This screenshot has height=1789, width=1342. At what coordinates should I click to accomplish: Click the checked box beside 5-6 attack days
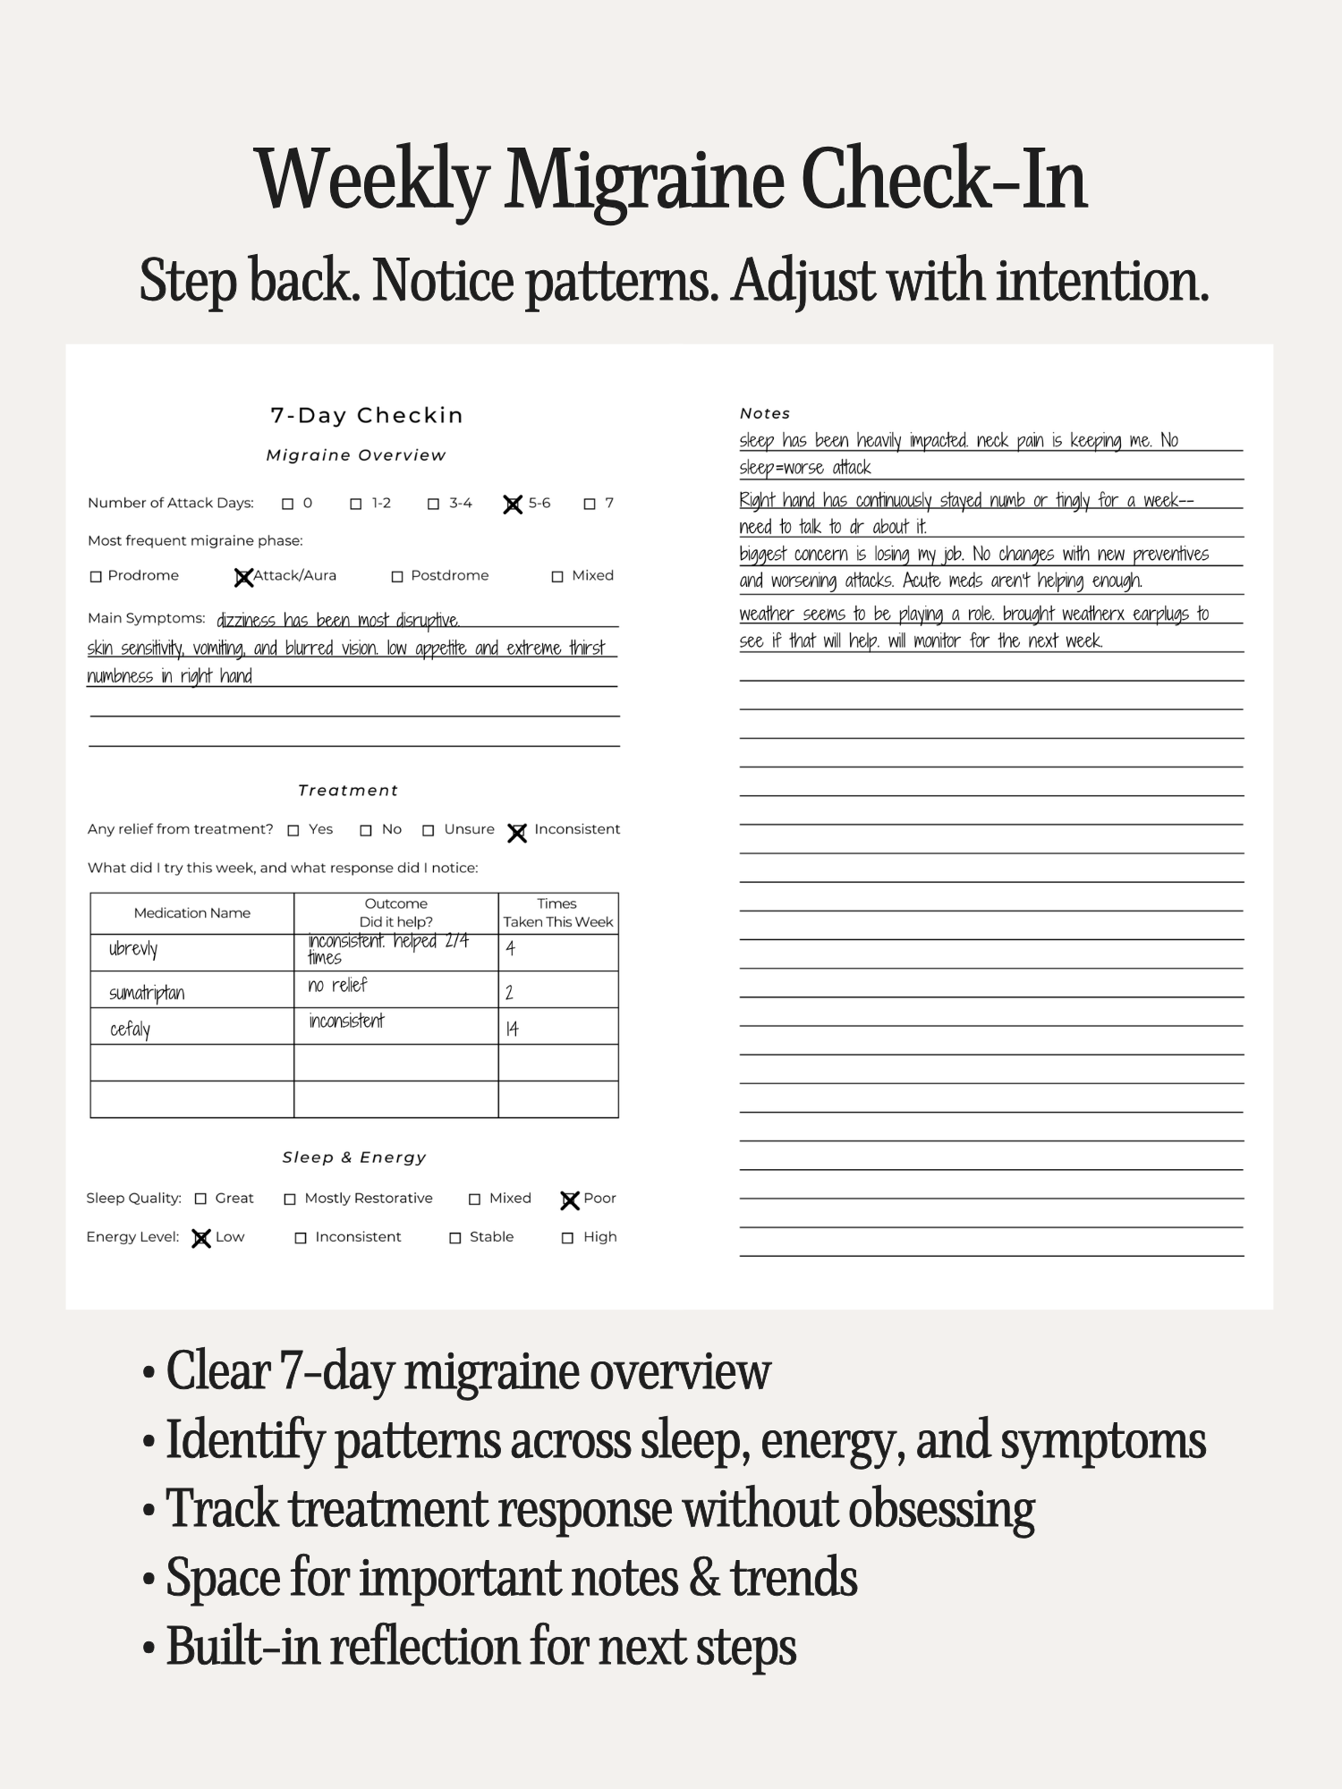[x=513, y=504]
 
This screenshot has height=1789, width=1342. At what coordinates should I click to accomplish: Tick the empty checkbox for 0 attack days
[x=288, y=504]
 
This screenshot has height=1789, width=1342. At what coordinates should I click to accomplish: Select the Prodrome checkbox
[x=96, y=577]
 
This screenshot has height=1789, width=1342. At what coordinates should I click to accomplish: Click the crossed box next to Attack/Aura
[x=242, y=578]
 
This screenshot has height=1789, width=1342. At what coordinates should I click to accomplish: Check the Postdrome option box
[x=397, y=577]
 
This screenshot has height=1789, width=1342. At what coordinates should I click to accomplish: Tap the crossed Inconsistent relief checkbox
[x=517, y=833]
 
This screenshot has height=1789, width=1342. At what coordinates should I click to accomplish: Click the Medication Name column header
[x=191, y=913]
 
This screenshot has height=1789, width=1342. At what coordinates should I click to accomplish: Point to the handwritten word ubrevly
[x=133, y=949]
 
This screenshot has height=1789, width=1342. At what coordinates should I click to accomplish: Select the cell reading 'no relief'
[x=337, y=986]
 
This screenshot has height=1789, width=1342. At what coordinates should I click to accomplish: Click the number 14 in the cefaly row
[x=512, y=1029]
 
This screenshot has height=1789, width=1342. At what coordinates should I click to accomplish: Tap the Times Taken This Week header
[x=557, y=913]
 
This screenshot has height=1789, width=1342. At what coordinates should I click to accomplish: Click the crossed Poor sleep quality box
[x=570, y=1200]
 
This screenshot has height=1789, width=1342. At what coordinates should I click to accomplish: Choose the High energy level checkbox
[x=567, y=1238]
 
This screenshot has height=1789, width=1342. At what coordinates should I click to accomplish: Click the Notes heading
[x=765, y=413]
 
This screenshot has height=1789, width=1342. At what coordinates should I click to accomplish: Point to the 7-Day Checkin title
[x=367, y=415]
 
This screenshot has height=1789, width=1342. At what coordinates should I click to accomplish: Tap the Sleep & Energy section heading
[x=354, y=1157]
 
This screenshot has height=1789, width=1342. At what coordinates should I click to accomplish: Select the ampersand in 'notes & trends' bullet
[x=704, y=1578]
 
